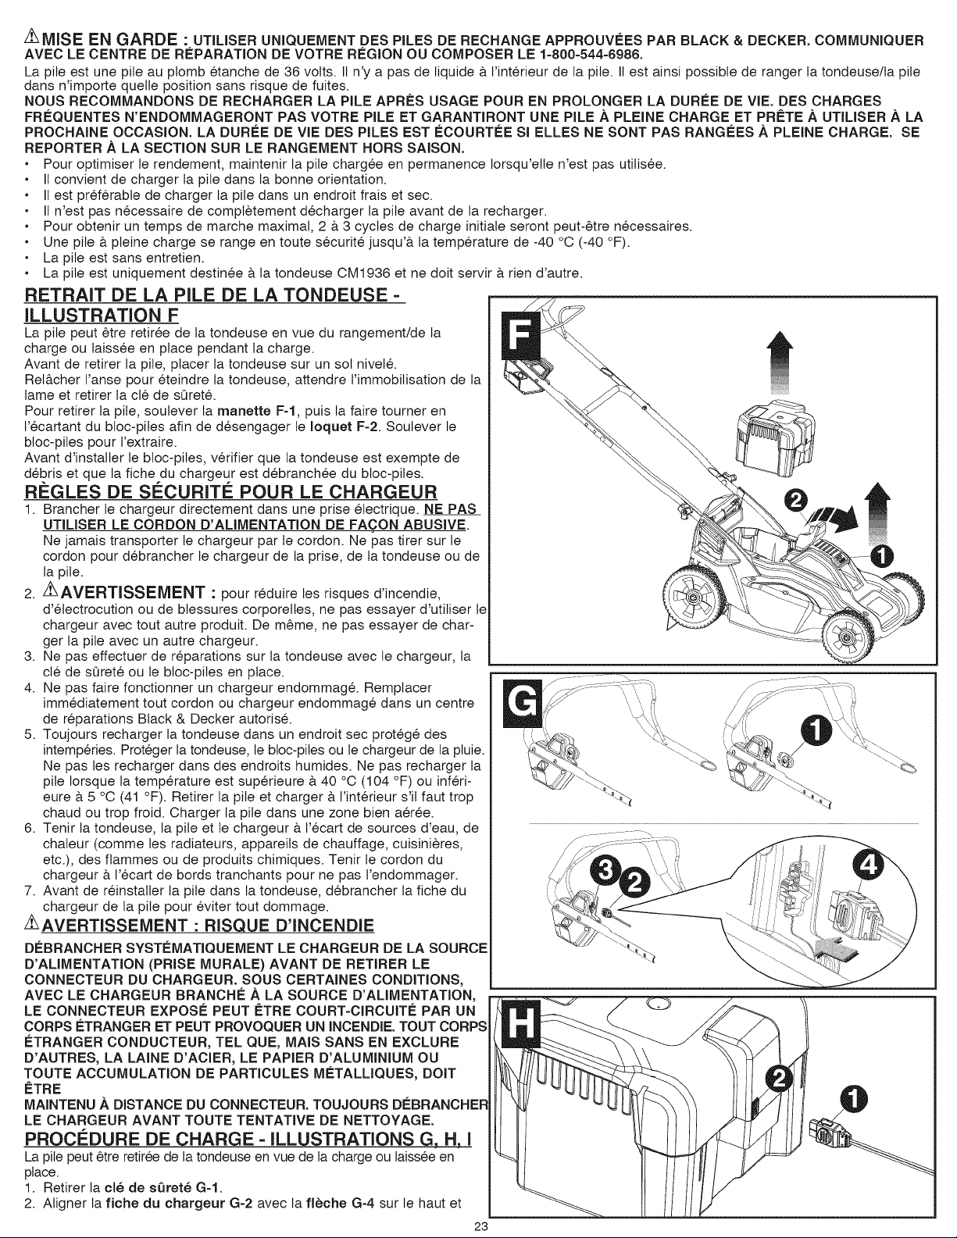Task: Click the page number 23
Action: click(x=479, y=1227)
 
